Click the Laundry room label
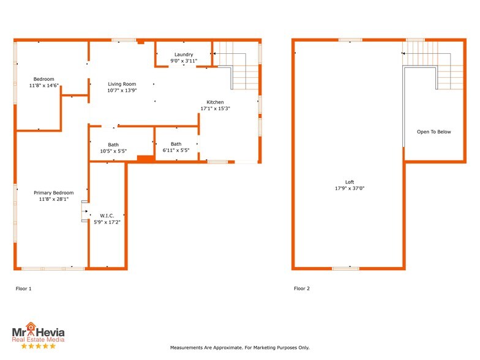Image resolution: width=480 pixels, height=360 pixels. (x=184, y=54)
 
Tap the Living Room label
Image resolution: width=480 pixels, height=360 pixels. (x=122, y=84)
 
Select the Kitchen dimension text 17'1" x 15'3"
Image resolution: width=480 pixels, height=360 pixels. (x=215, y=108)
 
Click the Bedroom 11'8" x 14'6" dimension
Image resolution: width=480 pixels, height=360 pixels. (x=44, y=85)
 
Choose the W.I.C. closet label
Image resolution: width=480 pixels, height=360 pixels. (x=107, y=215)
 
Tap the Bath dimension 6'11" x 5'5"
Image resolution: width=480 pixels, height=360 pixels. (x=176, y=150)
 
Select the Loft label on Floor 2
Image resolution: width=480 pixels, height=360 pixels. (x=349, y=182)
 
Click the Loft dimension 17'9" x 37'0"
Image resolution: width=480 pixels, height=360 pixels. (x=349, y=188)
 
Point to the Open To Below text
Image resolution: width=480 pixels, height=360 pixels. (x=433, y=132)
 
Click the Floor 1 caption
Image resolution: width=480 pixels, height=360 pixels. (x=23, y=288)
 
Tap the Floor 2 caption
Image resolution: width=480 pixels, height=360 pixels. (x=302, y=288)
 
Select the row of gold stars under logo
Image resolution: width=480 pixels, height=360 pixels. (x=39, y=346)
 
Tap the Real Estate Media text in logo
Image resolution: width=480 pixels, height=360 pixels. (x=39, y=339)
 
